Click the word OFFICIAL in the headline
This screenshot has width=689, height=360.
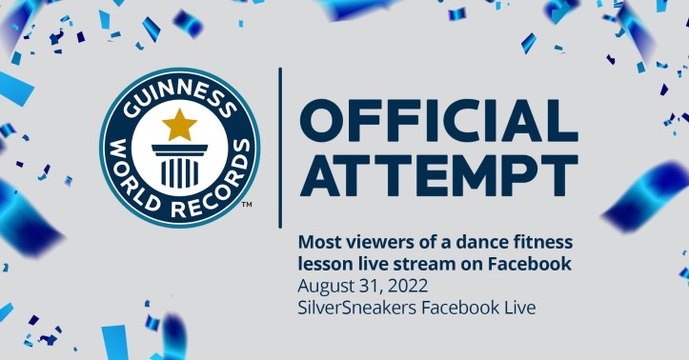pyautogui.click(x=439, y=119)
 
